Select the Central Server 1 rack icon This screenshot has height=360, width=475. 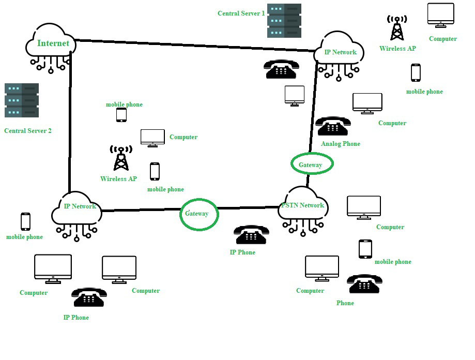pyautogui.click(x=284, y=21)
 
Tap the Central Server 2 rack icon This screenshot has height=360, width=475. pyautogui.click(x=22, y=100)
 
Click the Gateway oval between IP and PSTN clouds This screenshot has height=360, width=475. pyautogui.click(x=199, y=214)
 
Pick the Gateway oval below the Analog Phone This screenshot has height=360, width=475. pyautogui.click(x=312, y=164)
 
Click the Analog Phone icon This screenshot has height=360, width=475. pyautogui.click(x=333, y=126)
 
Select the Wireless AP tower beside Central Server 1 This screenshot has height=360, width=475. pyautogui.click(x=396, y=28)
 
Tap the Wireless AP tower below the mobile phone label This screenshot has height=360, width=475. pyautogui.click(x=121, y=158)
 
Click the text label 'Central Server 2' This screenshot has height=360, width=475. pyautogui.click(x=28, y=131)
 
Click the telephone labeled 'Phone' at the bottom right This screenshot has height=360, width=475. pyautogui.click(x=364, y=284)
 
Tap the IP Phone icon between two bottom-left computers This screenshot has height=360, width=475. pyautogui.click(x=89, y=297)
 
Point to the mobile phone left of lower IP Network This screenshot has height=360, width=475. pyautogui.click(x=25, y=221)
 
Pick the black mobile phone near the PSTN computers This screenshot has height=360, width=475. pyautogui.click(x=365, y=249)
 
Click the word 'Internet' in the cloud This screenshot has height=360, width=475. pyautogui.click(x=53, y=43)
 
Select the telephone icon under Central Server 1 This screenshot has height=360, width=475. pyautogui.click(x=281, y=69)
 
